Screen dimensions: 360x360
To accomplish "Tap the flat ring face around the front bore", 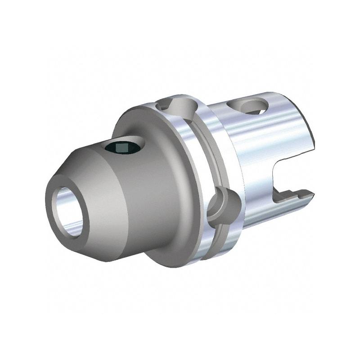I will tap(54, 211).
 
